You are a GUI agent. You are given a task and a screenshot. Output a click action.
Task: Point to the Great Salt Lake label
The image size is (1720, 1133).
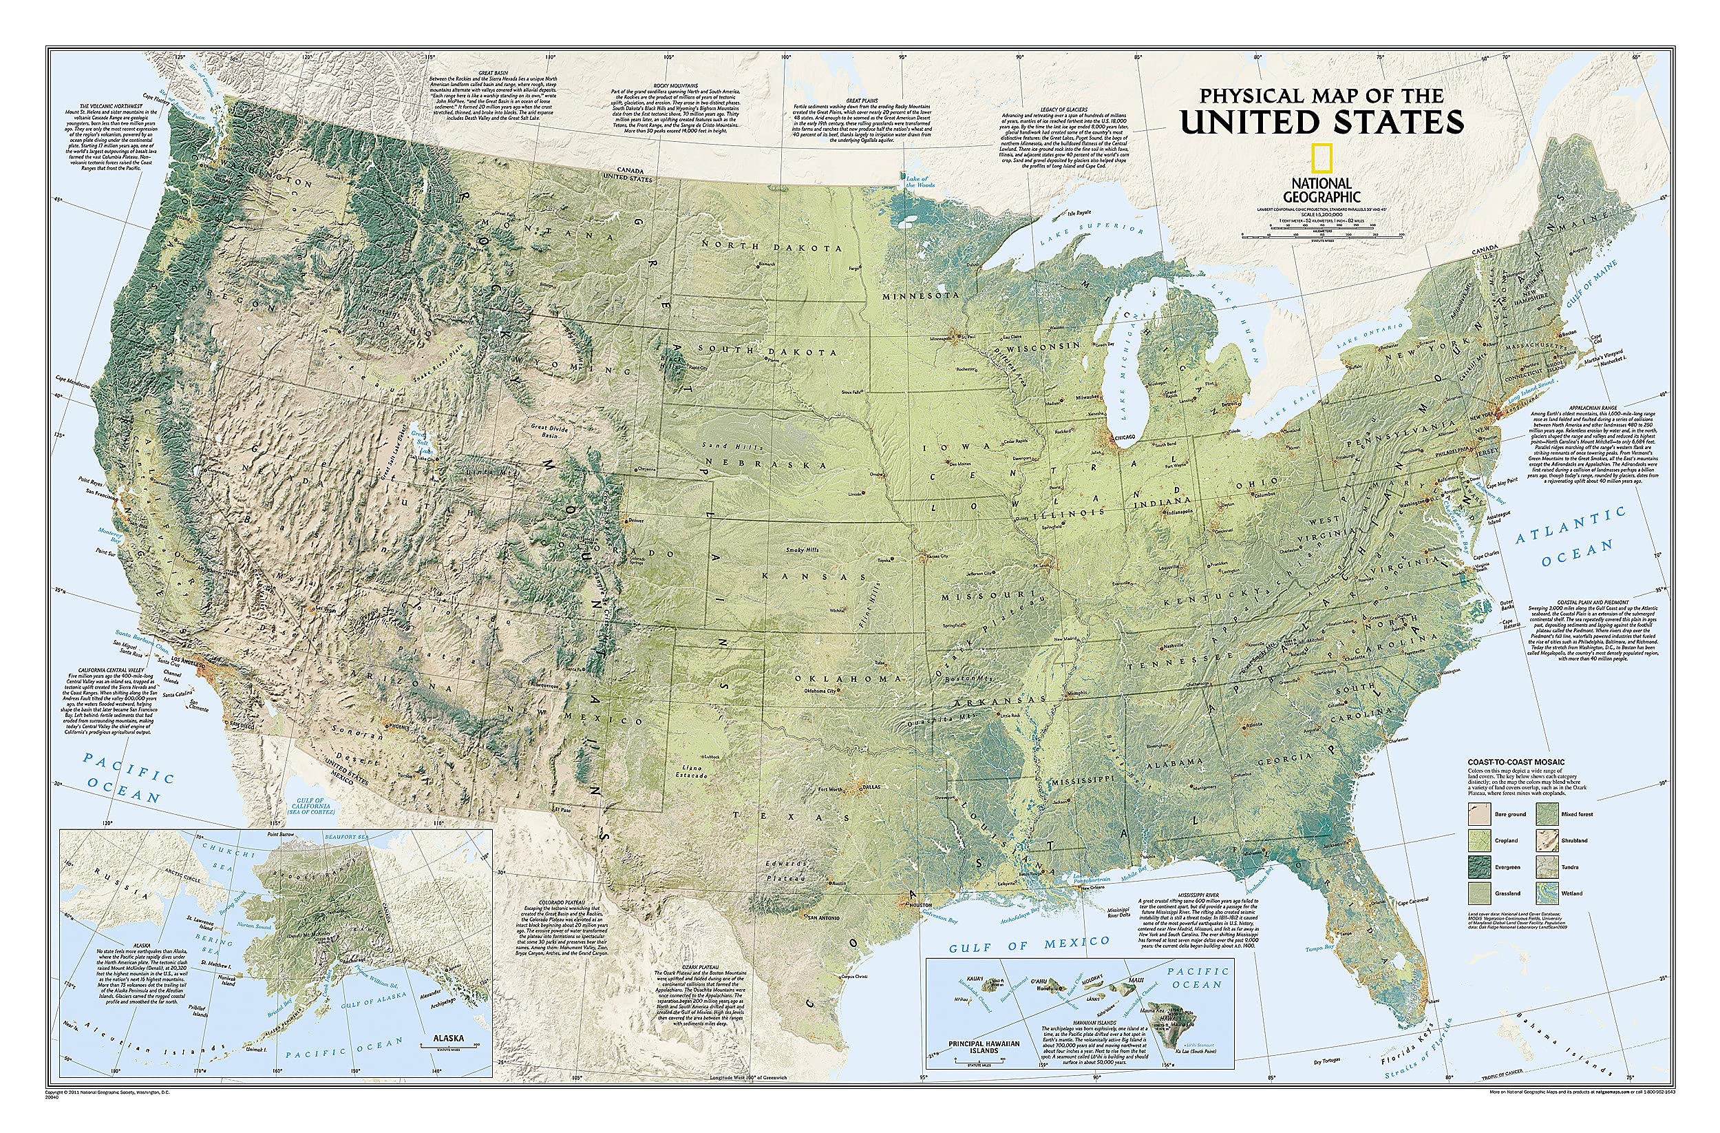click(x=418, y=442)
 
